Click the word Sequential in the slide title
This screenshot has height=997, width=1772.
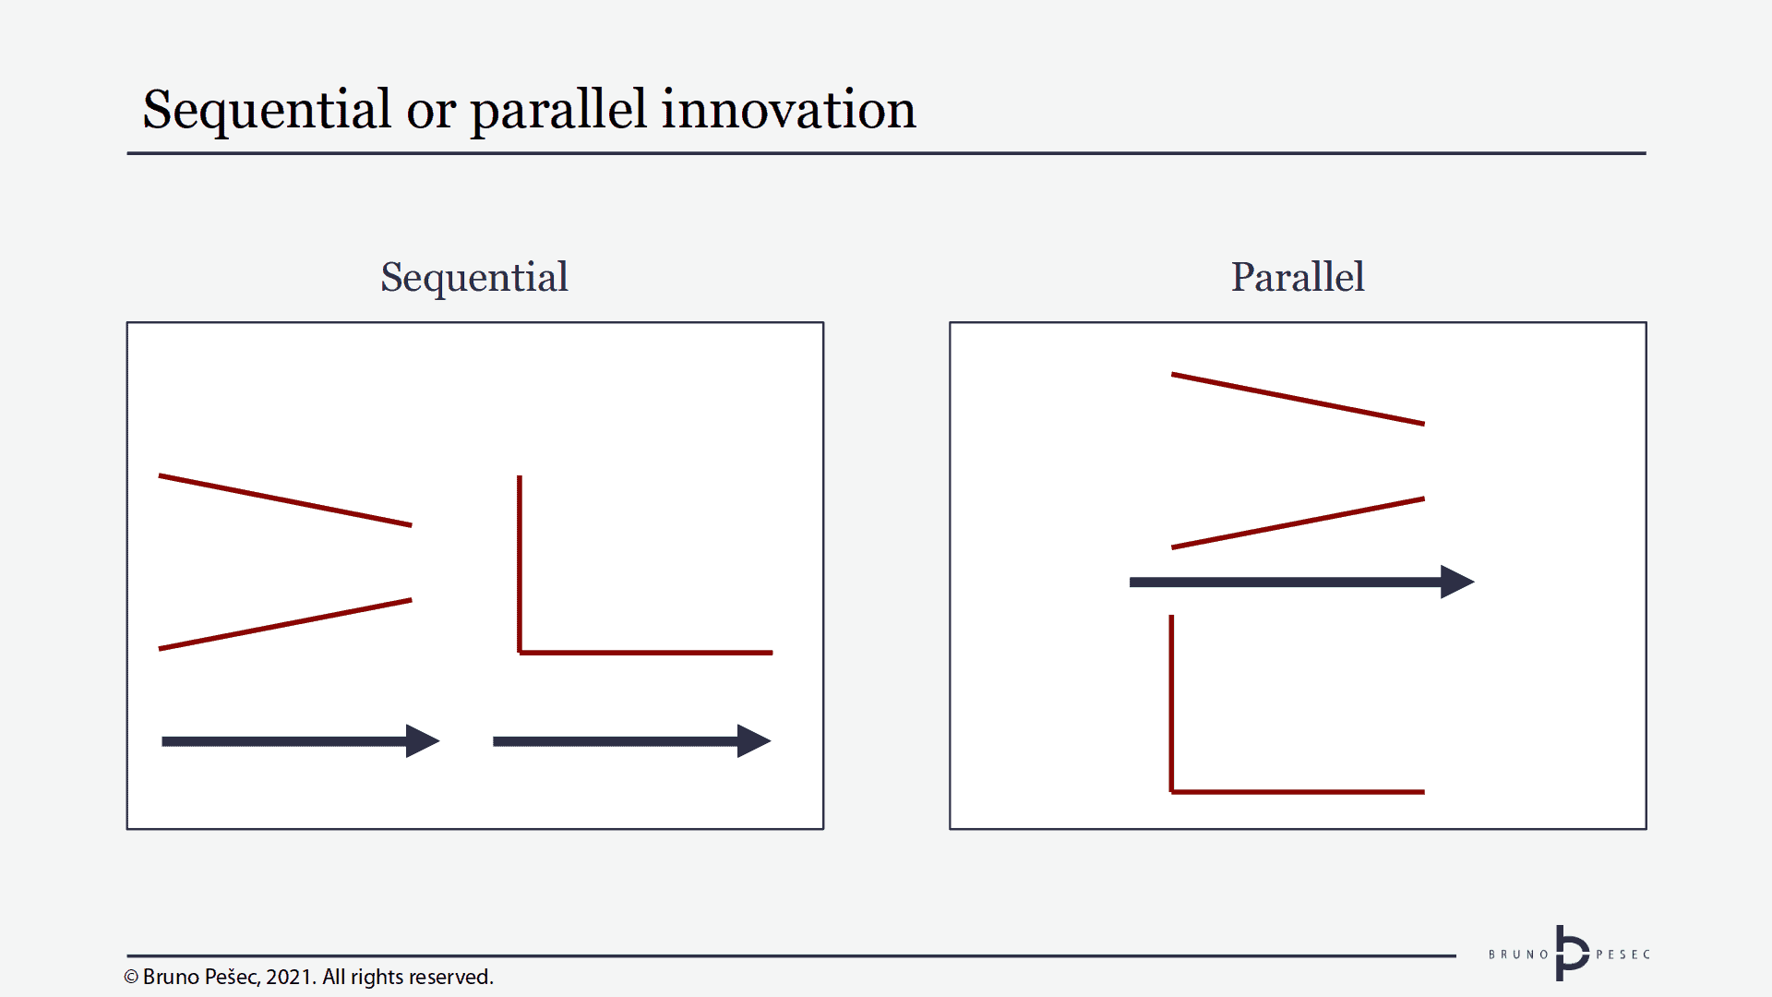[x=267, y=111]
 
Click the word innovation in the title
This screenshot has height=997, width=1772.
[x=788, y=109]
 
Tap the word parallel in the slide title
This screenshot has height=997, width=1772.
[x=558, y=111]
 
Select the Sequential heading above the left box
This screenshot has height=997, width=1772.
[x=474, y=277]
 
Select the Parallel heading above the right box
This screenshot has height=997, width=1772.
[x=1297, y=277]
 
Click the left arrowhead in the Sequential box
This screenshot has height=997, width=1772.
[x=421, y=741]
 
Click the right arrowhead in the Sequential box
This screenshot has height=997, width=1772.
[x=752, y=741]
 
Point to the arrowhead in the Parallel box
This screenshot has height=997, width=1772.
[x=1455, y=582]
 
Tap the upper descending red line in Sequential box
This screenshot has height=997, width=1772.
[x=285, y=500]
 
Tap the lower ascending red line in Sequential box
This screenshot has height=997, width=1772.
[x=285, y=624]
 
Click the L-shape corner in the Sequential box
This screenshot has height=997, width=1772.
[x=521, y=652]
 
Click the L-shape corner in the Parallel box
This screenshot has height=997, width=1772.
[x=1172, y=791]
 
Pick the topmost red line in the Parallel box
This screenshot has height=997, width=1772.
[x=1298, y=399]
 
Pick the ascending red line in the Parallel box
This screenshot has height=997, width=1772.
[x=1298, y=523]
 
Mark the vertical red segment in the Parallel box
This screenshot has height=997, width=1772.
[x=1172, y=702]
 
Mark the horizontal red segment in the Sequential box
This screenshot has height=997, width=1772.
[x=646, y=653]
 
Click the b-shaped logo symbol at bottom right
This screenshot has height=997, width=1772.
[x=1570, y=954]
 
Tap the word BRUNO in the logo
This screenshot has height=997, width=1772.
[x=1518, y=955]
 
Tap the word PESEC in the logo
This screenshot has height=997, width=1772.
[x=1622, y=955]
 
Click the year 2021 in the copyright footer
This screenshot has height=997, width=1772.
[x=290, y=977]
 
